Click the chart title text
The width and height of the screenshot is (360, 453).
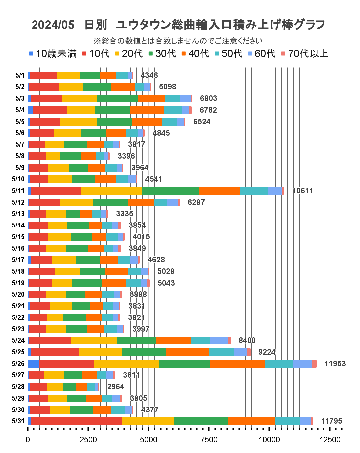(x=178, y=25)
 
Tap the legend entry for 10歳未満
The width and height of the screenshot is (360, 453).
(x=53, y=54)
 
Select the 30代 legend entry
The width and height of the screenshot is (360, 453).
(x=162, y=54)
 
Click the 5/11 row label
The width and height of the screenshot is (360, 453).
(x=18, y=191)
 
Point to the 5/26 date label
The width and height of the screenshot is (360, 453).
(x=18, y=364)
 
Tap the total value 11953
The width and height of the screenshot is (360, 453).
(x=335, y=364)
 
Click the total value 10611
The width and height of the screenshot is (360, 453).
(x=302, y=191)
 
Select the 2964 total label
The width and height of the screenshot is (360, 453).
(x=115, y=387)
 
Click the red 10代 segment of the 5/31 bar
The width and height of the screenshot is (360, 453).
(x=77, y=421)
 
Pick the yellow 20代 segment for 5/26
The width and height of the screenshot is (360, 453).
(x=126, y=364)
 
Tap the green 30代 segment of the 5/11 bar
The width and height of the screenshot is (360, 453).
(x=171, y=191)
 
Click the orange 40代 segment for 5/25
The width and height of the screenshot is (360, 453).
(x=187, y=352)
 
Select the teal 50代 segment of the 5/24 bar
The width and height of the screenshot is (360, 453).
(x=200, y=340)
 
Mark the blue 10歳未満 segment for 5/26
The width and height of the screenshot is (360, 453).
(x=34, y=364)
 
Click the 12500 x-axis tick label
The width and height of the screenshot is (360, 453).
(x=330, y=440)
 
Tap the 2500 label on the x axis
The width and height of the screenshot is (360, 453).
(x=88, y=440)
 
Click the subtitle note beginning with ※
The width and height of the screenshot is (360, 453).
(x=178, y=41)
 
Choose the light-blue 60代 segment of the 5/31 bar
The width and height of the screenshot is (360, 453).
(x=305, y=421)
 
